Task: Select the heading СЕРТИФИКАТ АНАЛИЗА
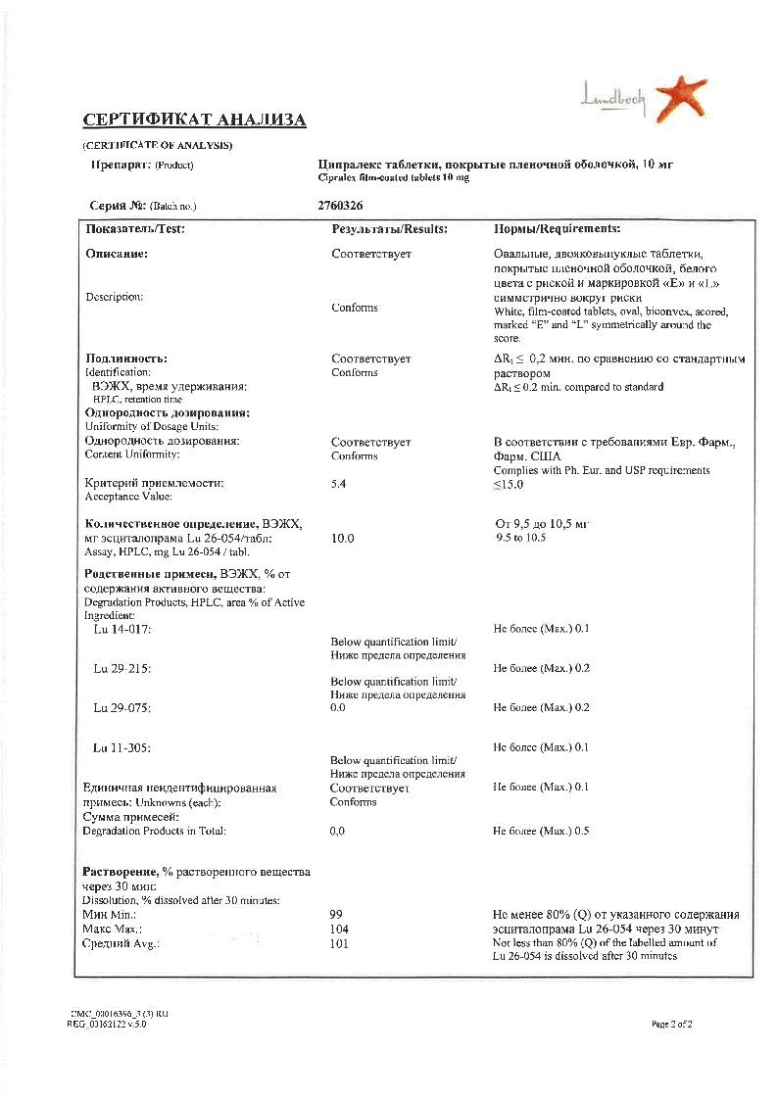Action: tap(194, 120)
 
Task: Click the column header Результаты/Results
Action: tap(390, 228)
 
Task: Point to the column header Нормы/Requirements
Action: tap(557, 228)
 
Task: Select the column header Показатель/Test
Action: tap(135, 228)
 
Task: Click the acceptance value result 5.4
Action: tap(339, 483)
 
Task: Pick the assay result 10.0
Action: tap(343, 539)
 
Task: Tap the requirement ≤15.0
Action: tap(509, 484)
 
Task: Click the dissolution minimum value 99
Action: tap(337, 915)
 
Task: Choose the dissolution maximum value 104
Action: tap(340, 929)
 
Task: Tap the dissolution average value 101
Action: tap(340, 943)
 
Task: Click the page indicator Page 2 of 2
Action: tap(672, 1024)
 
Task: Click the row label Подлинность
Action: tap(126, 358)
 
